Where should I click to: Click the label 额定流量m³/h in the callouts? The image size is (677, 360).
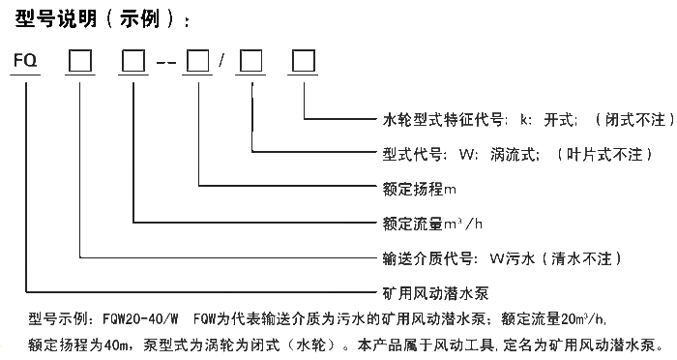pyautogui.click(x=422, y=223)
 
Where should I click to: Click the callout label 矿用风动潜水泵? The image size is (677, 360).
pyautogui.click(x=420, y=291)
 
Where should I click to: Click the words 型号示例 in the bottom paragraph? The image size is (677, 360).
pyautogui.click(x=57, y=317)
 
